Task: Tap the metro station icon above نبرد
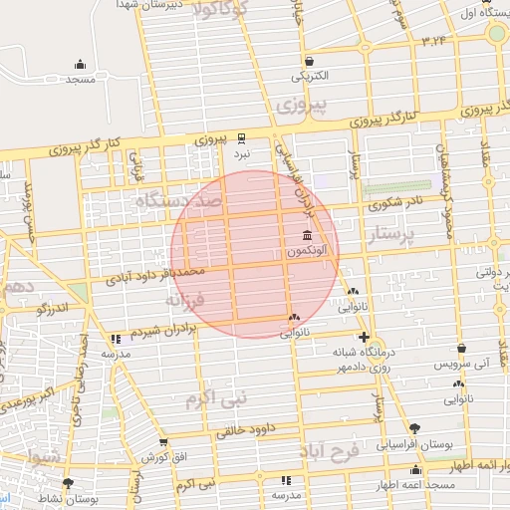click(242, 138)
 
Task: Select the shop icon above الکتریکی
click(310, 61)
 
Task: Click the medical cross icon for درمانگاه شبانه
click(365, 337)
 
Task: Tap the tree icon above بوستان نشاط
click(68, 483)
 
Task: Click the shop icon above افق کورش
click(163, 442)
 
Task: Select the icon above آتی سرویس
click(462, 349)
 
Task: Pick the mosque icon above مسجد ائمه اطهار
click(416, 469)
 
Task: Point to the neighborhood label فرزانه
click(185, 297)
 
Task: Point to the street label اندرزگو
click(57, 310)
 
